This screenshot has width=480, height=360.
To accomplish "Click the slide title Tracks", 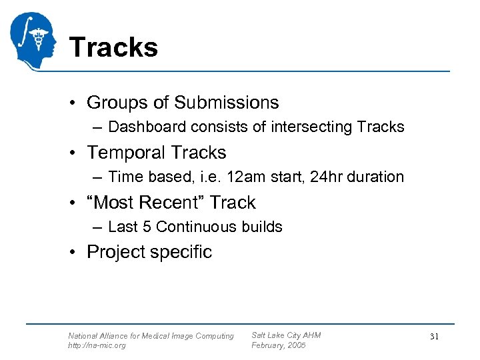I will (113, 47).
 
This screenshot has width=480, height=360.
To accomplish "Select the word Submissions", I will (227, 103).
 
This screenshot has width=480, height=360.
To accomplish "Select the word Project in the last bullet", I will (116, 252).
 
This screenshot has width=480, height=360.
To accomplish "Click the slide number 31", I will (434, 337).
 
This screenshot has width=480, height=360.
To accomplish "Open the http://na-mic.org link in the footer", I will (97, 345).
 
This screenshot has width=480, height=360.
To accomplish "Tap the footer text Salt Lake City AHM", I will (286, 335).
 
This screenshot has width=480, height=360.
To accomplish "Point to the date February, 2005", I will (279, 345).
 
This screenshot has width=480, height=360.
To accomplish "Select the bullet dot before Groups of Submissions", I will (77, 103).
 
